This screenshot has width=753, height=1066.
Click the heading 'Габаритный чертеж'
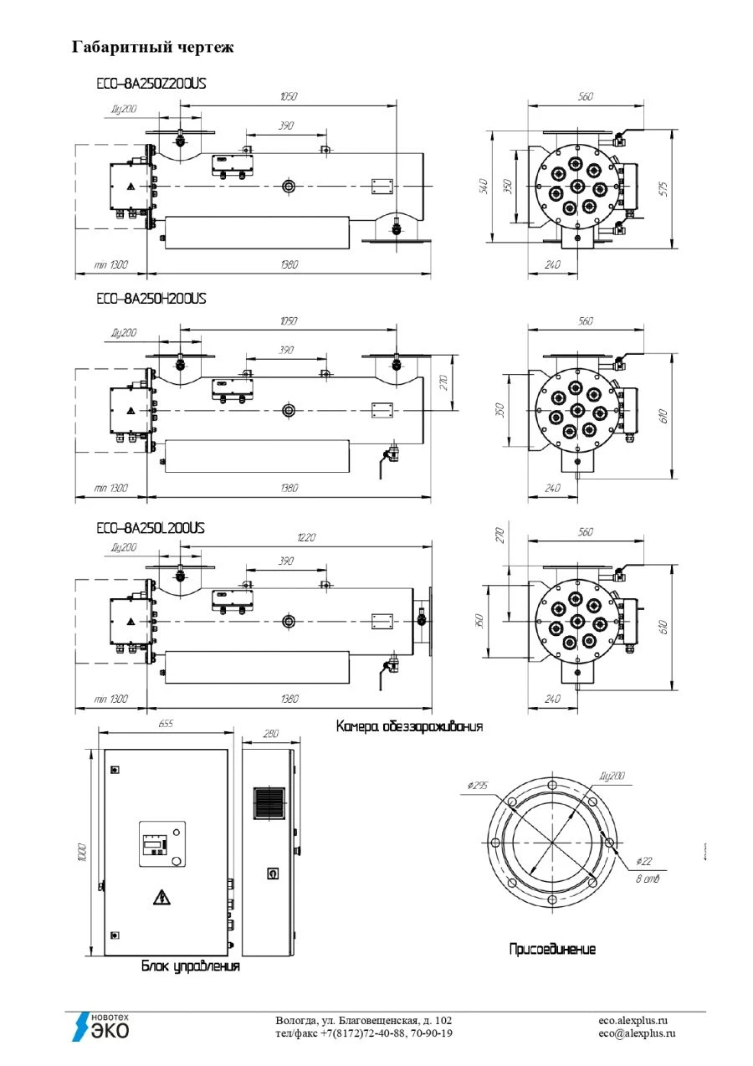coord(152,48)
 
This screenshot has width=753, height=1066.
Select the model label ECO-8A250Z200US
coord(151,84)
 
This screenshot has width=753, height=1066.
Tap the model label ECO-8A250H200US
coord(151,298)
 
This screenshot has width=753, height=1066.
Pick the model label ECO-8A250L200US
coord(151,528)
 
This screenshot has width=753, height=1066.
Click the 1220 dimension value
coord(306,538)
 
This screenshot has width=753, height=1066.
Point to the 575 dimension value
coord(663,189)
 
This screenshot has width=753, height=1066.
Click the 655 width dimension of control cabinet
coord(165,724)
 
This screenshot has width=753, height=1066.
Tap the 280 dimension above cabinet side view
coord(270,733)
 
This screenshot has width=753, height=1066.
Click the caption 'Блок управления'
coord(190,966)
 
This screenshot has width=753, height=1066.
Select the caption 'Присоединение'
coord(553,950)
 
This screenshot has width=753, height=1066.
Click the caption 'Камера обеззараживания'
coord(409,726)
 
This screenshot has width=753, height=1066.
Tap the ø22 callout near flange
coord(643,860)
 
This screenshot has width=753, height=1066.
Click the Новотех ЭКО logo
coord(100,1027)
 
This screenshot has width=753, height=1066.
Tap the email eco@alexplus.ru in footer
coord(637,1033)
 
